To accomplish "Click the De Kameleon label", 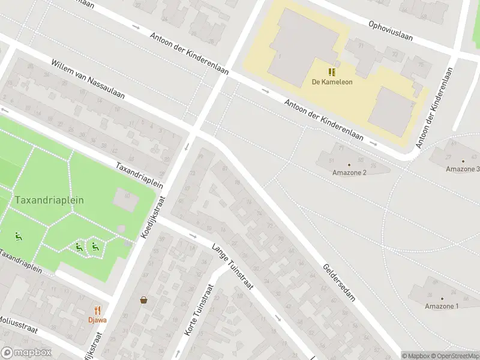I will (x=332, y=82).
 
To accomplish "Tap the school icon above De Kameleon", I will (x=332, y=72).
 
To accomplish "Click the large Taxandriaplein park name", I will (x=49, y=200).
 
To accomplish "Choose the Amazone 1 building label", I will (x=442, y=307).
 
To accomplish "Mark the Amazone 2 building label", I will (x=349, y=173).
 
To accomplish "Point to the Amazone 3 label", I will (x=462, y=169).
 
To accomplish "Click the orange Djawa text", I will (x=98, y=320).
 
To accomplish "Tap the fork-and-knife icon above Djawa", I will (x=98, y=310).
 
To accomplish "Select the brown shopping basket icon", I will (x=144, y=300).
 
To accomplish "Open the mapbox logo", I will (x=26, y=353).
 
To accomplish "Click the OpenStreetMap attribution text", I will (x=453, y=356).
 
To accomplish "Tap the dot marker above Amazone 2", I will (x=349, y=164).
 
